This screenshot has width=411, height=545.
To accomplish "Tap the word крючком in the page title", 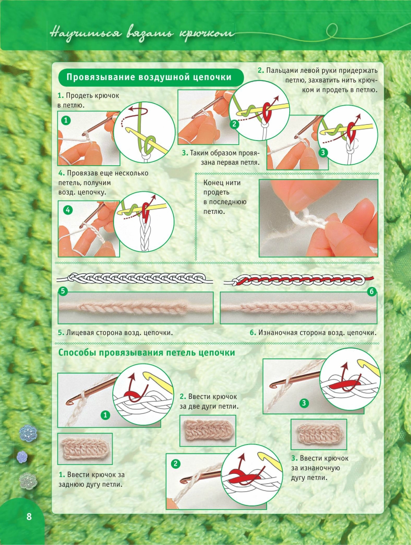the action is [206, 34].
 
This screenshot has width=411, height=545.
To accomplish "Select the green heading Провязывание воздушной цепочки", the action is [149, 77].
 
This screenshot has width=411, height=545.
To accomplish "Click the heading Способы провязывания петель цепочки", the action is [147, 353].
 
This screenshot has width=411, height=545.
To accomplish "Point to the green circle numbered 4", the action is [68, 210].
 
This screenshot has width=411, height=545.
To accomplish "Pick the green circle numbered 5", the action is [63, 291].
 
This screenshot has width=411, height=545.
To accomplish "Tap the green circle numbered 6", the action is [371, 292].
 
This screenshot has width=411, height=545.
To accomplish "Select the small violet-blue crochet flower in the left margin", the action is [22, 457].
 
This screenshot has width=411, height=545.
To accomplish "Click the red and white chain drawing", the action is [299, 280].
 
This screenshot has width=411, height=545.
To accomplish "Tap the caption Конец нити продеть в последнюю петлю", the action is [225, 197].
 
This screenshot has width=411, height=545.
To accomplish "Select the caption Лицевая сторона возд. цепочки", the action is [115, 333].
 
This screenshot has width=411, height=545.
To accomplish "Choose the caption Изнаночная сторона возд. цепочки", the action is [313, 333].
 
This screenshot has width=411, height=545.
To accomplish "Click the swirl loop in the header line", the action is [331, 31].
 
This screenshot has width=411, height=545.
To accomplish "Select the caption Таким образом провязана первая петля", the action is [221, 158].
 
